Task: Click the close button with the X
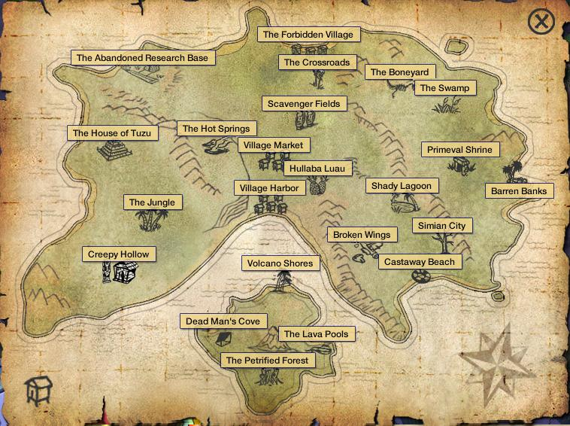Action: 541,21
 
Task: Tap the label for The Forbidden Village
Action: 308,35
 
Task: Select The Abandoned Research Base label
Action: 142,58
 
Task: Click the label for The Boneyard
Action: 399,72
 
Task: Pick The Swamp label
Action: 444,88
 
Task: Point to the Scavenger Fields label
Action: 304,104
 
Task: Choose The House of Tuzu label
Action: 112,133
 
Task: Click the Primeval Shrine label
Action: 459,150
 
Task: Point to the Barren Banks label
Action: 519,191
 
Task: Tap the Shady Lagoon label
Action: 402,186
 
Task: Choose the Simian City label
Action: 441,226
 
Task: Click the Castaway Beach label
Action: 420,262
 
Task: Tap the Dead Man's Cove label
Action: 223,321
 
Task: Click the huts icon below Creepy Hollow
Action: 119,273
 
